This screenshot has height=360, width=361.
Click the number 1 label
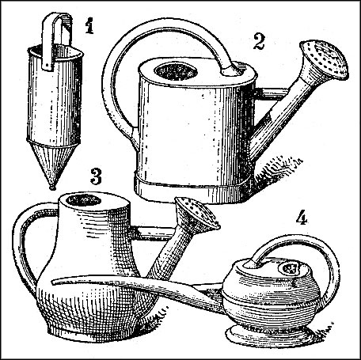(x=89, y=25)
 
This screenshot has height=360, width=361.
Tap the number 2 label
(x=258, y=42)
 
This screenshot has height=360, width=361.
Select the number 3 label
(x=96, y=176)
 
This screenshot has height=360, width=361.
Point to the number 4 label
(x=301, y=218)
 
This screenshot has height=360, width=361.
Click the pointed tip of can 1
(x=52, y=188)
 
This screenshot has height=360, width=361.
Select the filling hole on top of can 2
(x=176, y=71)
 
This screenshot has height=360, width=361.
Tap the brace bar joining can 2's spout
(x=272, y=94)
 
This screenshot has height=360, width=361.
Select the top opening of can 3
(x=83, y=200)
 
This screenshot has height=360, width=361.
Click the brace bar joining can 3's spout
(x=153, y=233)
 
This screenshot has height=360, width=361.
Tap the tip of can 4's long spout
(x=53, y=282)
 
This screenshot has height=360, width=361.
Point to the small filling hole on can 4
(x=290, y=269)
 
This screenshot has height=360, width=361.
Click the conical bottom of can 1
(x=53, y=161)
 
